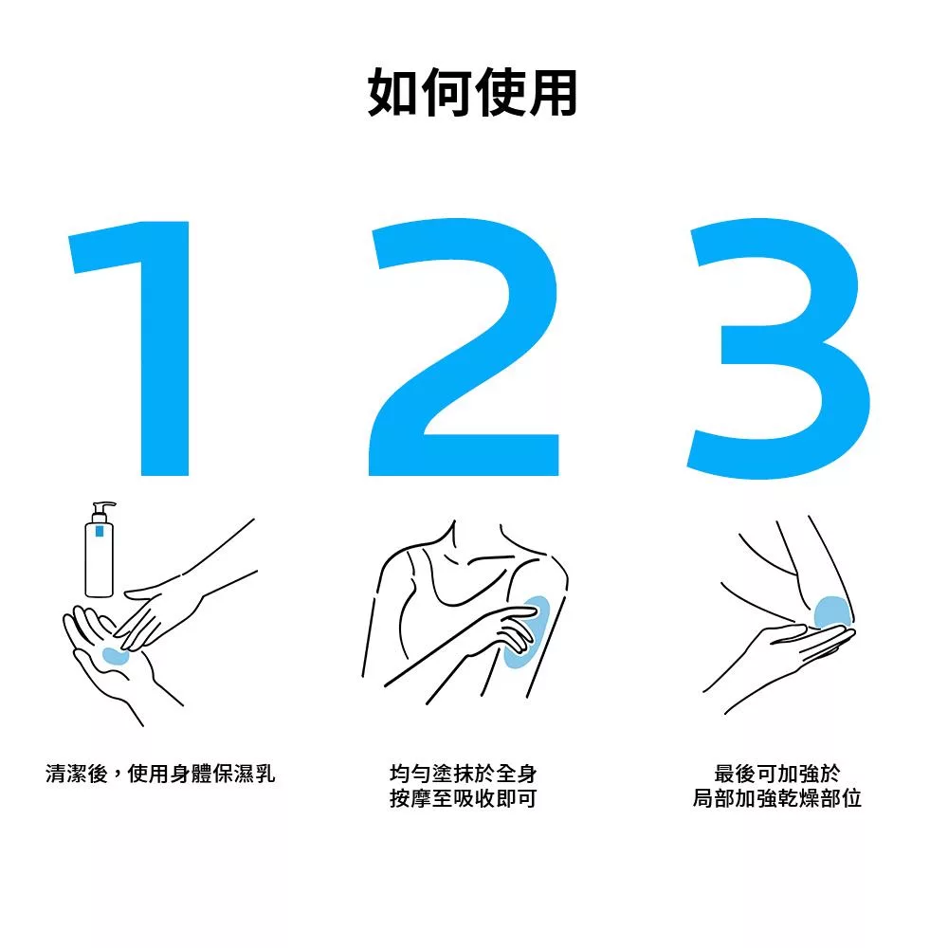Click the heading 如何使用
(472, 93)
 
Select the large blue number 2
(464, 349)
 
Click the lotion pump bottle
(100, 549)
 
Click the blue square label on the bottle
(100, 532)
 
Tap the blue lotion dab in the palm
(115, 655)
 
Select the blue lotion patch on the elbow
(831, 612)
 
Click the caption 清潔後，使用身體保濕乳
(160, 774)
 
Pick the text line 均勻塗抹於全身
(464, 774)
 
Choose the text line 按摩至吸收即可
(464, 798)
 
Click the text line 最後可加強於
(777, 774)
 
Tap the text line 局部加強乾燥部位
(777, 798)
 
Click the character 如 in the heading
(392, 93)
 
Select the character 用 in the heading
(553, 93)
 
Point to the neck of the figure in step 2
(477, 538)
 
